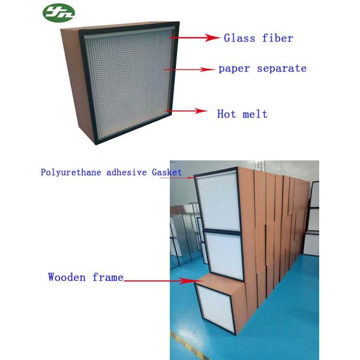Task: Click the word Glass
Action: coord(238,38)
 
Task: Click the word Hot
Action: coord(226,113)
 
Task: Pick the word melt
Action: coord(254,113)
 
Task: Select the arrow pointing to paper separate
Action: coord(192,70)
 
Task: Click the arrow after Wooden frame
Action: coord(162,280)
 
